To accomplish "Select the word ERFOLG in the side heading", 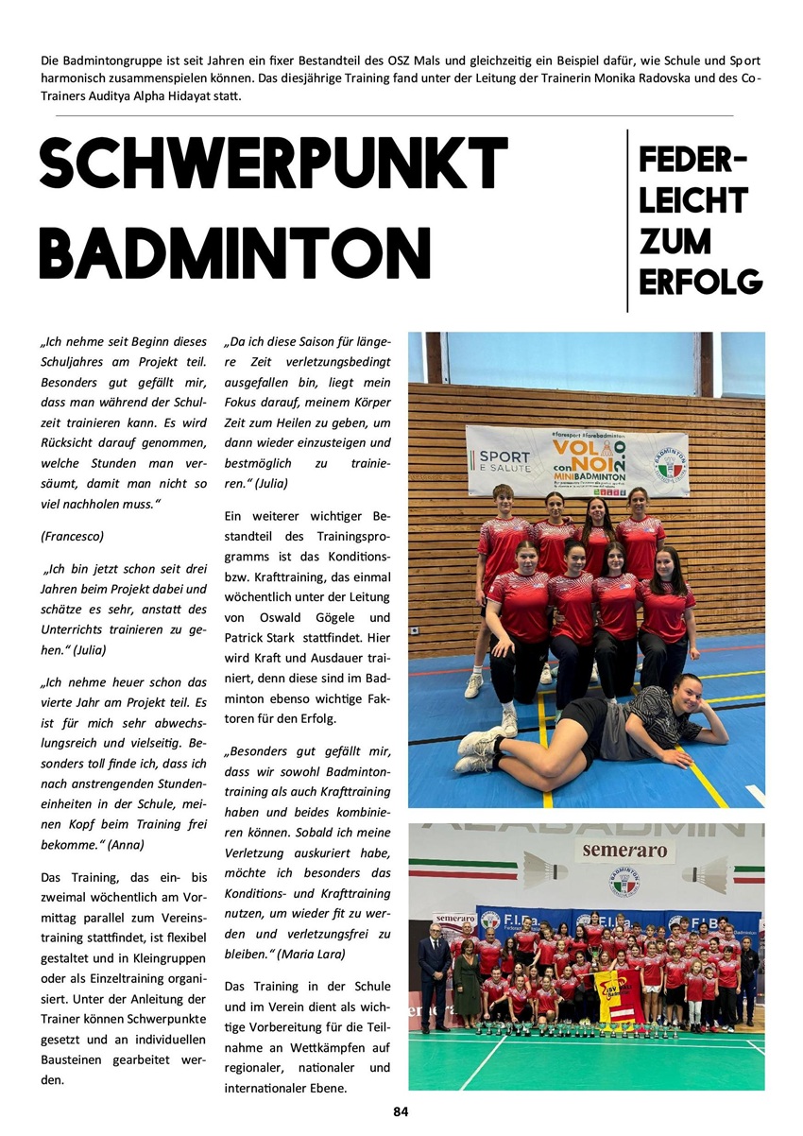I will coord(700,281).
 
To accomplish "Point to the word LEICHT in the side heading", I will coord(693,200).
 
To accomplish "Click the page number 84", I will coord(401,1111).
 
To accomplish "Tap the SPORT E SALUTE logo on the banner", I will coord(502,460).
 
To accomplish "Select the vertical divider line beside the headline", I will coord(627,220).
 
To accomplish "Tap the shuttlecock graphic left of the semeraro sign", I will coord(546,866).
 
